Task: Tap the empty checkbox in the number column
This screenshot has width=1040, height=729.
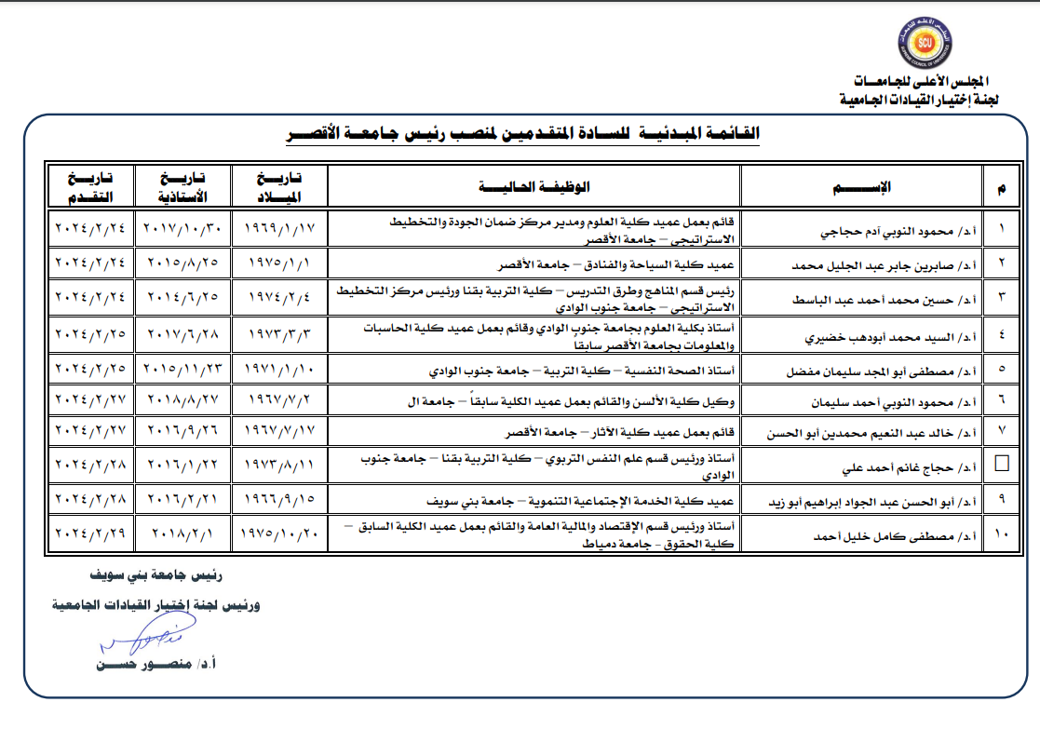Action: click(1001, 463)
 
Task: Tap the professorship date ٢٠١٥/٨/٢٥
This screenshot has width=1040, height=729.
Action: click(182, 263)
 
